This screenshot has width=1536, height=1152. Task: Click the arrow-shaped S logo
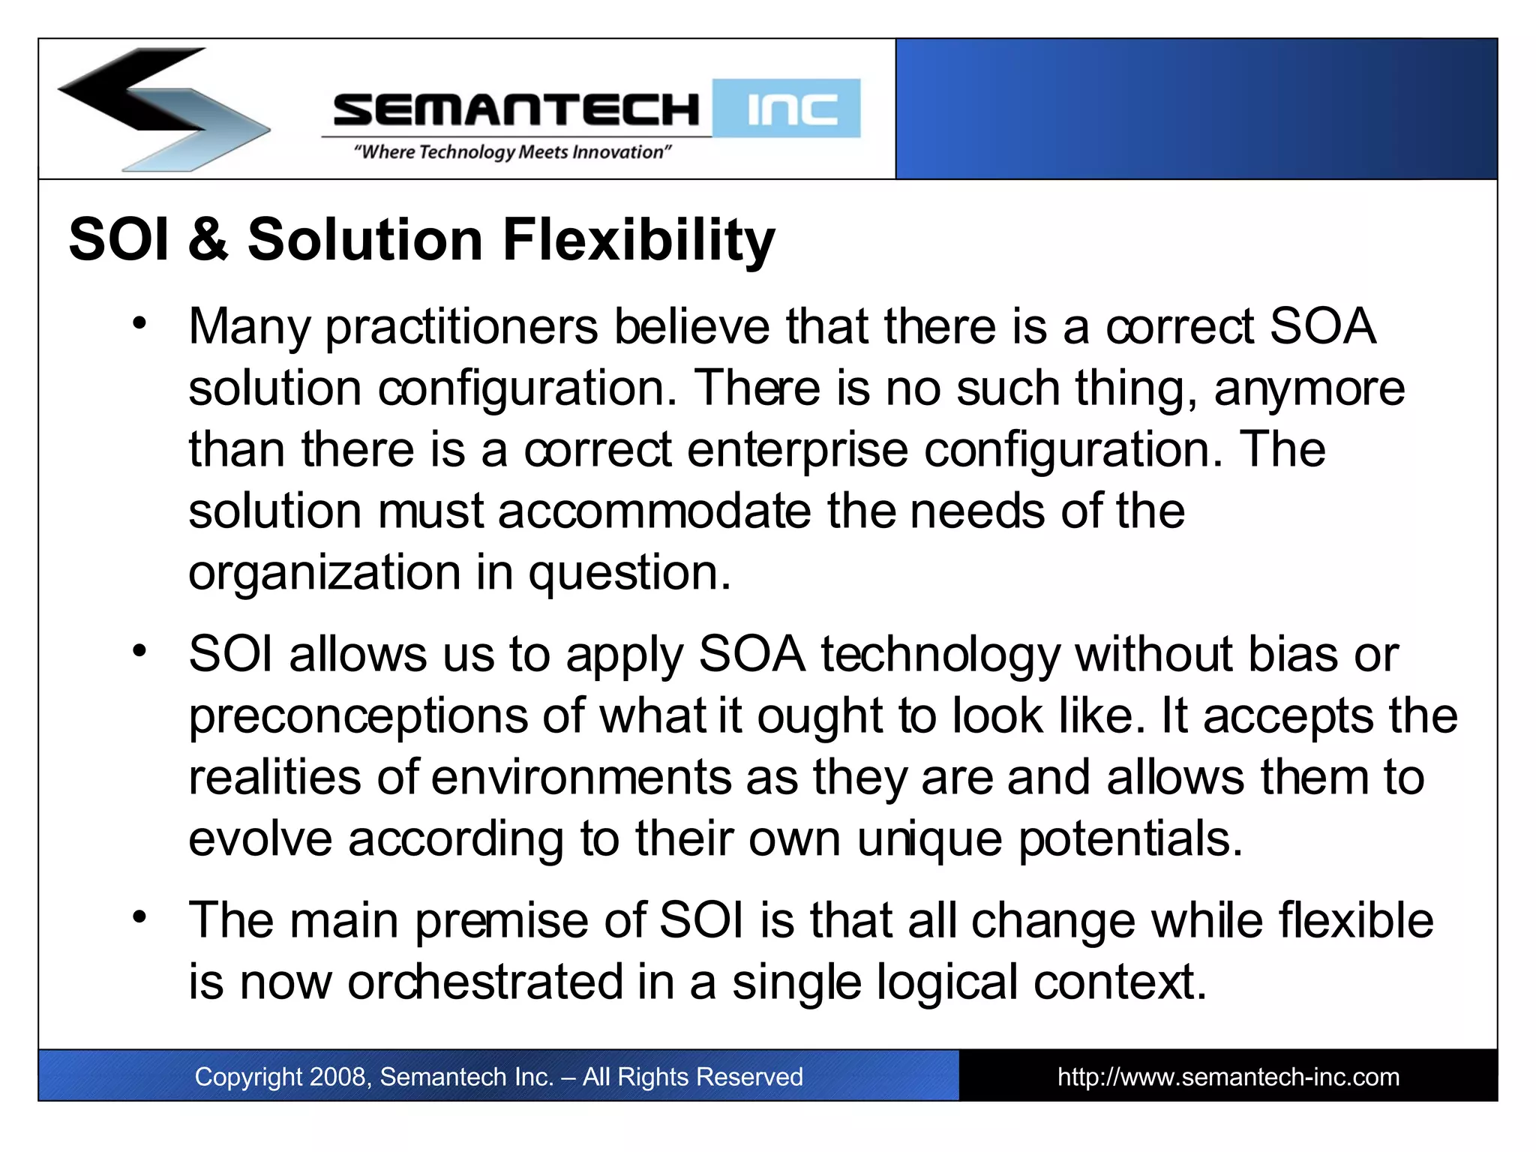coord(161,109)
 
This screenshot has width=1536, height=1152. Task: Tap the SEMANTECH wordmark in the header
coord(516,110)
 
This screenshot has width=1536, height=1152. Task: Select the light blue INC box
coord(787,109)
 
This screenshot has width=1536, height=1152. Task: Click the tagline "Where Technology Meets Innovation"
coord(513,152)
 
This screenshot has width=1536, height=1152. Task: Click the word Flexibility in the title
coord(639,240)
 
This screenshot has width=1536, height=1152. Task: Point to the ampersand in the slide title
coord(208,240)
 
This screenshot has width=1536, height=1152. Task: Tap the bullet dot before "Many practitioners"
coord(139,324)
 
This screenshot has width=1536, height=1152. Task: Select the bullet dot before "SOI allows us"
coord(139,650)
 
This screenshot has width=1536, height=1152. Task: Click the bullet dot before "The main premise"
coord(139,916)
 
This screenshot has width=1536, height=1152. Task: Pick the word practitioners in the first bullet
coord(461,327)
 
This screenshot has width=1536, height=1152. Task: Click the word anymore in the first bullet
coord(1309,388)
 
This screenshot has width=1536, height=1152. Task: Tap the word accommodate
coord(654,511)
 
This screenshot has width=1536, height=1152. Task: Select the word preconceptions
coord(358,716)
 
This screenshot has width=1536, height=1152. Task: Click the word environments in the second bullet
coord(581,778)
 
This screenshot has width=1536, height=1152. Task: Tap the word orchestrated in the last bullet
coord(484,982)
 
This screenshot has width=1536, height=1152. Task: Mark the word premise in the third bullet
coord(501,921)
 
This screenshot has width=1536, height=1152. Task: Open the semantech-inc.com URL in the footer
coord(1228,1077)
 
